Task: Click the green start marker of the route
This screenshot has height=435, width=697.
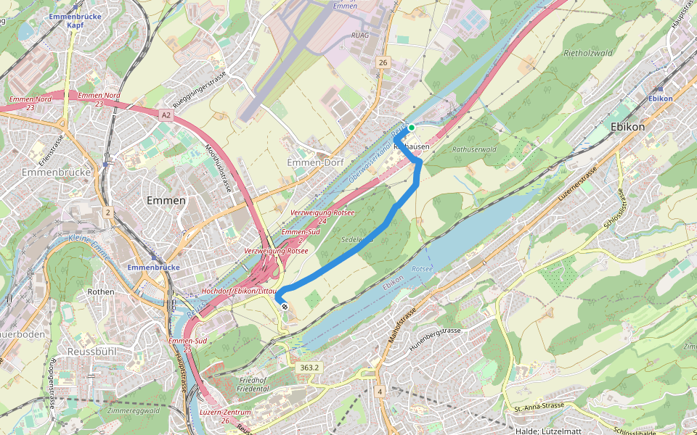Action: (x=412, y=128)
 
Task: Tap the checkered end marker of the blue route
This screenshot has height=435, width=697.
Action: (x=284, y=307)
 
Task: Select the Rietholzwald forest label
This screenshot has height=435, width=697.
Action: (x=588, y=53)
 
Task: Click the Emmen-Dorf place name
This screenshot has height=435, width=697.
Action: (x=315, y=162)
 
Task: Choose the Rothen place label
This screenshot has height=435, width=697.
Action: (x=100, y=291)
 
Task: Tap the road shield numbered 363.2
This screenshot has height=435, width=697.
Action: (x=309, y=368)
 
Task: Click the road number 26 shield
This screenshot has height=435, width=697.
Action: (x=383, y=63)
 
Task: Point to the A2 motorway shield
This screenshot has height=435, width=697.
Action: (x=166, y=115)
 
